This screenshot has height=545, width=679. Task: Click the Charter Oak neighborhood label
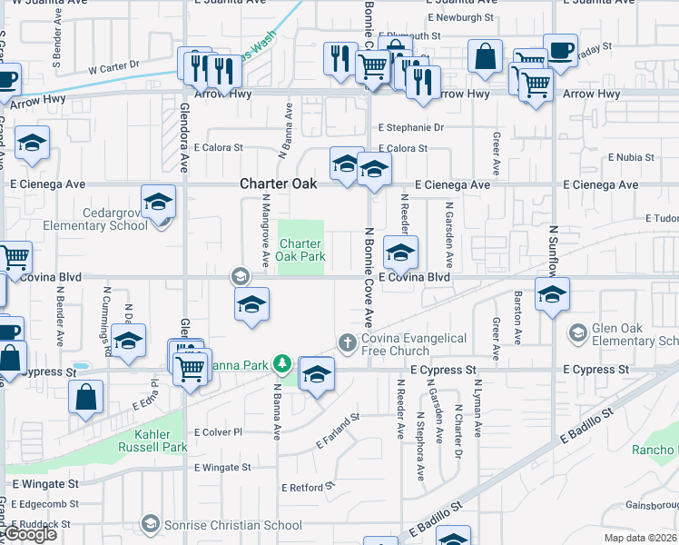[x=279, y=183]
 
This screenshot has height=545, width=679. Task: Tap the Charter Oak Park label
[x=300, y=250]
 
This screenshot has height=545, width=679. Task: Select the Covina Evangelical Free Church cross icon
[x=346, y=342]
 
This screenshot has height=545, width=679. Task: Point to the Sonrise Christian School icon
[x=151, y=523]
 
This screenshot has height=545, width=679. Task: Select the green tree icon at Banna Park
[x=282, y=364]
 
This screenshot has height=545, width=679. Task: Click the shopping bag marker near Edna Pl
[x=85, y=398]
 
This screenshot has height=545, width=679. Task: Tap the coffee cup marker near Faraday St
[x=559, y=49]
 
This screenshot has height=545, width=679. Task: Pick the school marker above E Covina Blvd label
[x=400, y=253]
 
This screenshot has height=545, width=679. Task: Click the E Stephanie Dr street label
[x=411, y=128]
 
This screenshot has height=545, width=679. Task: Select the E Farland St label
[x=338, y=431]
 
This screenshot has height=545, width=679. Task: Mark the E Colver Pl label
[x=218, y=432]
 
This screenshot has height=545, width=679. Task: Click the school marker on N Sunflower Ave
[x=551, y=293]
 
